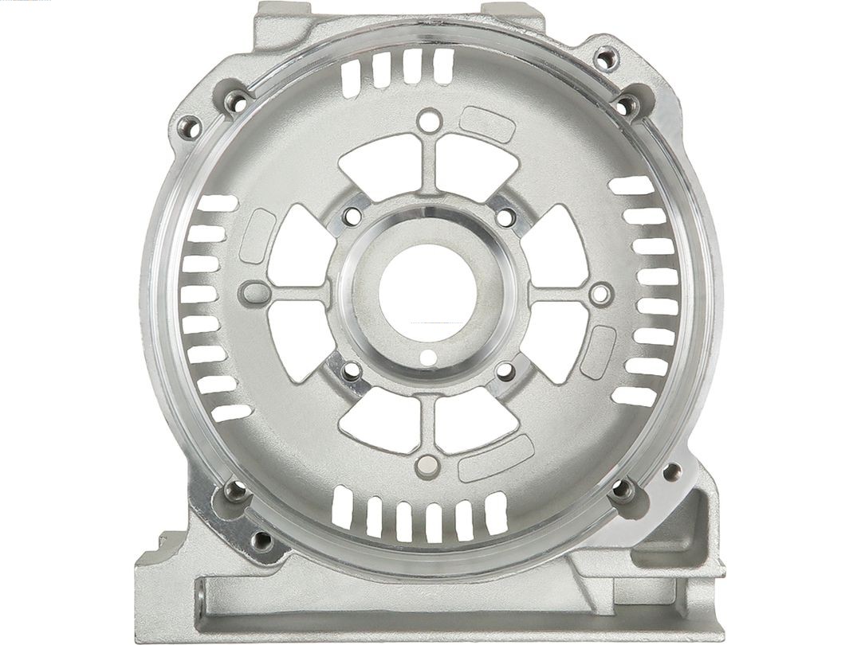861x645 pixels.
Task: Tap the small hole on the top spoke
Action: click(x=430, y=121)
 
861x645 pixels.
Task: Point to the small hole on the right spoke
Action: click(x=600, y=294)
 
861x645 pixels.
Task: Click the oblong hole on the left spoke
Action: click(x=254, y=290)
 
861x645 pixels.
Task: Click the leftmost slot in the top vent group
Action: click(x=350, y=76)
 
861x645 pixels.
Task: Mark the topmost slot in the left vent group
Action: click(x=216, y=203)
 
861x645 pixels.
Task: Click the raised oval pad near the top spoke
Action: click(x=488, y=126)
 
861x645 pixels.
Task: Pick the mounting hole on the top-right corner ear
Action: click(x=607, y=58)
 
